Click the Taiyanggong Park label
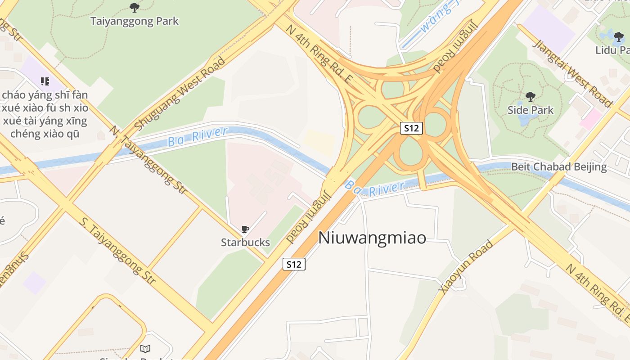135,21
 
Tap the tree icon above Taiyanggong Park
134,7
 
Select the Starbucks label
245,243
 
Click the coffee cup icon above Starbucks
245,230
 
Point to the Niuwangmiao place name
372,238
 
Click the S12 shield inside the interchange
411,128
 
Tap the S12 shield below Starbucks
294,264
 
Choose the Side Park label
531,110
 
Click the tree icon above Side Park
531,96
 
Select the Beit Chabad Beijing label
559,167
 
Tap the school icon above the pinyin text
45,81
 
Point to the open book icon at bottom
145,349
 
